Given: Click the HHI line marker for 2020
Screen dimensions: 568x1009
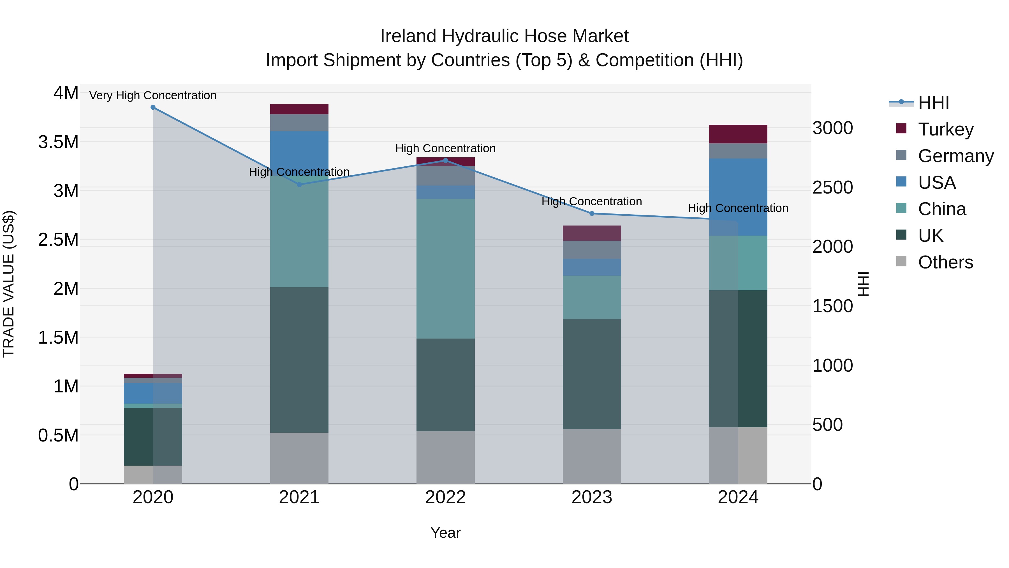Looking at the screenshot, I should click(153, 107).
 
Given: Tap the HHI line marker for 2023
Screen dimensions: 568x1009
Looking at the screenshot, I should click(592, 214).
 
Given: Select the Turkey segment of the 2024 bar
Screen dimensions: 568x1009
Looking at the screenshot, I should click(738, 134).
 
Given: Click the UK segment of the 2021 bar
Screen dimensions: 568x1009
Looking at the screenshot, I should click(299, 360).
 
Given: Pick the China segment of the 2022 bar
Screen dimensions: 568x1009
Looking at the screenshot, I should click(445, 268).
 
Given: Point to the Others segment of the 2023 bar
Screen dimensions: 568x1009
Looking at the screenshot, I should click(592, 456).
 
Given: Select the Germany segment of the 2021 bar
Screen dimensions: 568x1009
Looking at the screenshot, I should click(299, 123).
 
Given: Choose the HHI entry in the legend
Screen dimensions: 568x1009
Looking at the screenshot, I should click(933, 103).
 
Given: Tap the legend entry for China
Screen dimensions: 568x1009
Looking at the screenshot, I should click(942, 209).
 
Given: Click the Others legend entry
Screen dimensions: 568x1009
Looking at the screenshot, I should click(945, 262).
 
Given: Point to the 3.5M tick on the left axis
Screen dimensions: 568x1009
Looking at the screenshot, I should click(58, 142).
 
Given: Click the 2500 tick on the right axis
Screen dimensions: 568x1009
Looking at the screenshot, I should click(832, 187).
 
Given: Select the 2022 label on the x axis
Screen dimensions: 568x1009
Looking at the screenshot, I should click(445, 497).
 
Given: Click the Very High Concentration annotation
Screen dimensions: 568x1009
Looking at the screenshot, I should click(153, 95).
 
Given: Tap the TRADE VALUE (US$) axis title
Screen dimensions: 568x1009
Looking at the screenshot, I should click(9, 284).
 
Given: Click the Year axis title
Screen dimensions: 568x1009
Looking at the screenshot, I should click(445, 533).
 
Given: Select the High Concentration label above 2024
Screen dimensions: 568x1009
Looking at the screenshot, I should click(738, 208).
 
